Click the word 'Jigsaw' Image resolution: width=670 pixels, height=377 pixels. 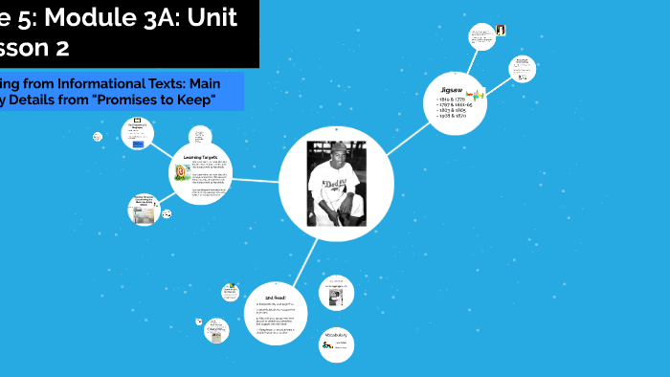coord(450,87)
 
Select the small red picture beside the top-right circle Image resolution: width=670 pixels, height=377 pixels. coord(500,31)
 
